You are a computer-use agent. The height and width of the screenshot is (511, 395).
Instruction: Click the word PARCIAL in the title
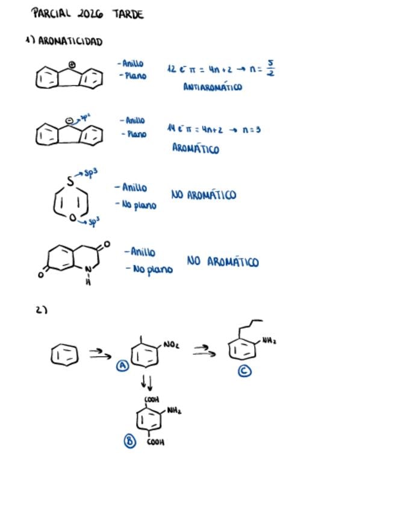click(x=51, y=13)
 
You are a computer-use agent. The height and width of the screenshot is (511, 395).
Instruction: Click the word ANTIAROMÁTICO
click(x=212, y=87)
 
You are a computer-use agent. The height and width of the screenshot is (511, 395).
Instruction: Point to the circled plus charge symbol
click(x=72, y=64)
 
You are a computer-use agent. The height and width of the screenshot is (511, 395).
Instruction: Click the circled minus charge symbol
click(x=70, y=121)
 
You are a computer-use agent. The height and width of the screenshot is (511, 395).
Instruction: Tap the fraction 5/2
click(x=270, y=68)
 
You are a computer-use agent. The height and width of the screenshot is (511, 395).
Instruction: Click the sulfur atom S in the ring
click(x=70, y=180)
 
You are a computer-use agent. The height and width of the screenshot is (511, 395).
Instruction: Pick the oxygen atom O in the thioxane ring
click(x=73, y=218)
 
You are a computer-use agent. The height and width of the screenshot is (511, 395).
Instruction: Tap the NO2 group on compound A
click(x=170, y=345)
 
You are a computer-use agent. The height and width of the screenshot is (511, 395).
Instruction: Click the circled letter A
click(x=123, y=366)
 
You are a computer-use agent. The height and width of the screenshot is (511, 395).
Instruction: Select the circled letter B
click(x=130, y=441)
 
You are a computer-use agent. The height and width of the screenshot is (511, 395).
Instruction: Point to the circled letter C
click(x=244, y=371)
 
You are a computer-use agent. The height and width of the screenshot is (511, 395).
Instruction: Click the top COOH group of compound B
click(x=151, y=400)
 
